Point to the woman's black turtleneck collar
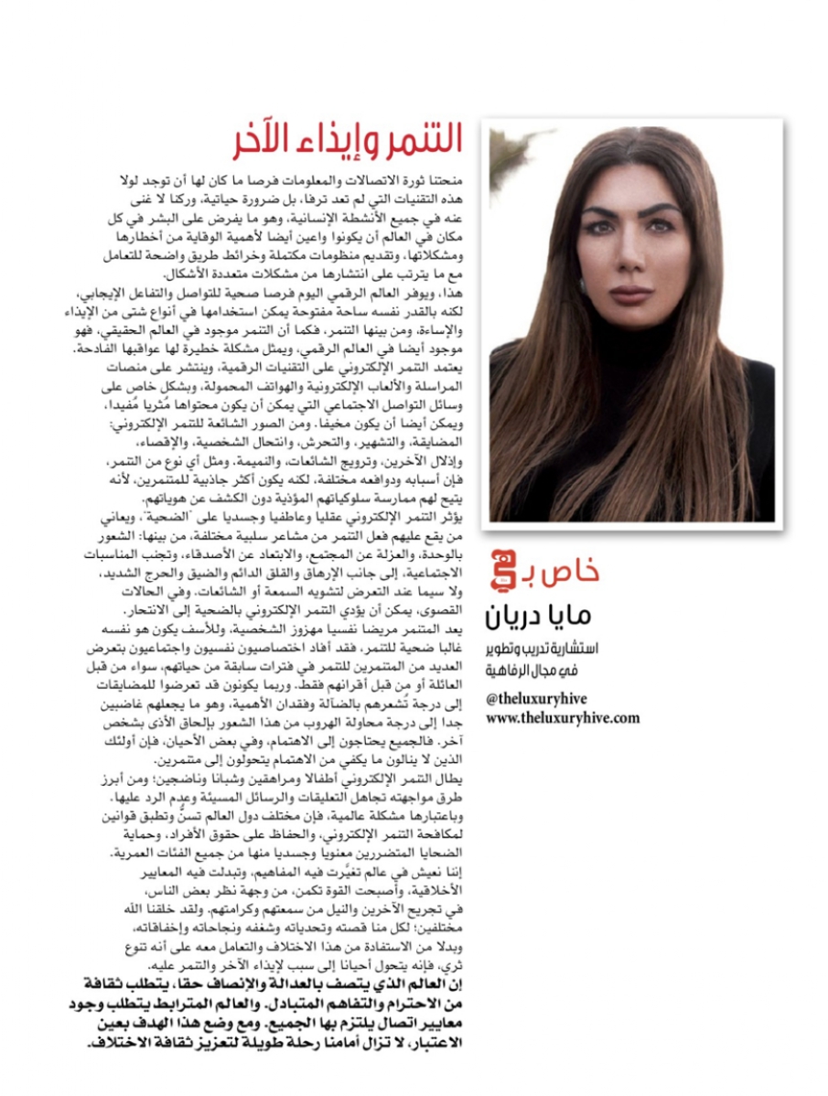pyautogui.click(x=631, y=361)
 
